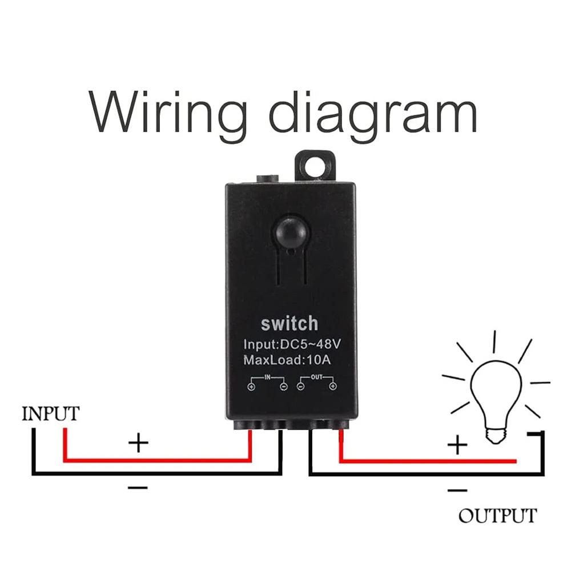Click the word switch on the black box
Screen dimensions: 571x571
pos(289,324)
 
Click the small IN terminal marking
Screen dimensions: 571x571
pos(267,377)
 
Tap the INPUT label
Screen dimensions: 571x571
pos(50,413)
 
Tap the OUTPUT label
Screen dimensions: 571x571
pos(497,516)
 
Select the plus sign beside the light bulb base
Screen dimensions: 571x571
pos(457,445)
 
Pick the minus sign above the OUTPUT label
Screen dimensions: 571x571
pos(457,490)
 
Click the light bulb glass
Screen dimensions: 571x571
pos(495,394)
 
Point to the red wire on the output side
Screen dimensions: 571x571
pos(428,460)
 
